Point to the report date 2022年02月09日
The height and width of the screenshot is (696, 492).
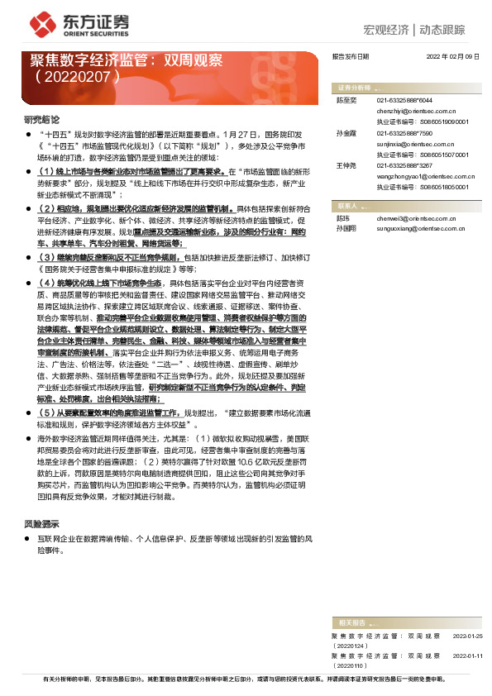point(453,57)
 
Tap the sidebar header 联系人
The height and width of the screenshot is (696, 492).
point(346,205)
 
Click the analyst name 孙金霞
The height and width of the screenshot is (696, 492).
point(345,132)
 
